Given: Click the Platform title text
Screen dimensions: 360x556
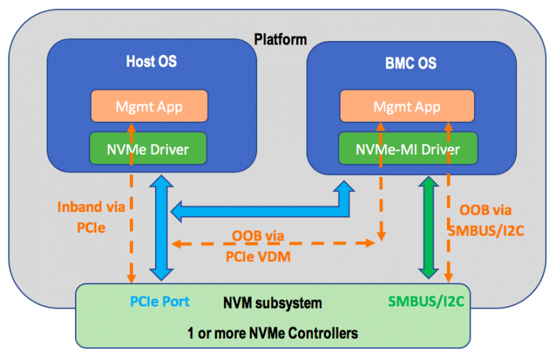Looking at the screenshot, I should pyautogui.click(x=280, y=39).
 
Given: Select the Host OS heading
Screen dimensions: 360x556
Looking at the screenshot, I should pyautogui.click(x=151, y=62).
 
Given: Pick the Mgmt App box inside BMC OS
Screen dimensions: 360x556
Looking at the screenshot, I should pyautogui.click(x=407, y=107).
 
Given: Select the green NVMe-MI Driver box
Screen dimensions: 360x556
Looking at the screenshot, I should pyautogui.click(x=408, y=148).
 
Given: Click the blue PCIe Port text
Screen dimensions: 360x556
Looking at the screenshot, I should pyautogui.click(x=160, y=303).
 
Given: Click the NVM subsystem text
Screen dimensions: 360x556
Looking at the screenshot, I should pyautogui.click(x=272, y=303).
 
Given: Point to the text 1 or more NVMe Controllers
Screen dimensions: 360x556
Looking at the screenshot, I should pyautogui.click(x=272, y=333).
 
